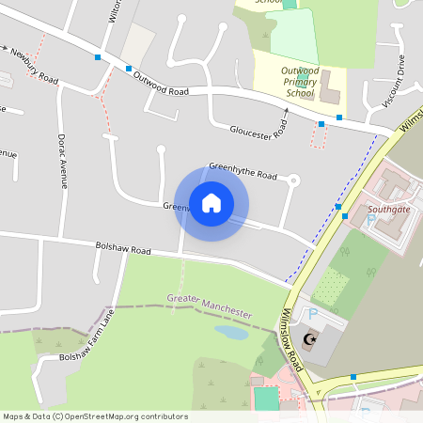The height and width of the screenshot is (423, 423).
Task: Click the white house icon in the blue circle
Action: pos(211,203)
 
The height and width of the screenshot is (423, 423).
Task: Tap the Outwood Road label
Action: pos(161,85)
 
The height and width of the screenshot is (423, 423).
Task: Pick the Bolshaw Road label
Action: pos(123,250)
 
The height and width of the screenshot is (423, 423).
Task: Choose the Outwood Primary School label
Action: pos(299,82)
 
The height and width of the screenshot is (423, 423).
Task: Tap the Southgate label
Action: pos(386,209)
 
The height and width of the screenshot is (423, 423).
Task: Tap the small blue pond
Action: pos(230,332)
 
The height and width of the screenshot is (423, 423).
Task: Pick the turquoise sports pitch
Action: pos(267,399)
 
